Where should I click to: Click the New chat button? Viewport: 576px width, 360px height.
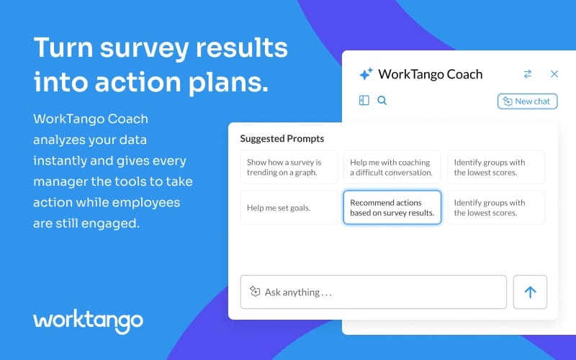(527, 102)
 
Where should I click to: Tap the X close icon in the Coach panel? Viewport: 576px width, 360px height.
(554, 74)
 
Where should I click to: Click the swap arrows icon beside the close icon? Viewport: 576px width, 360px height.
(528, 74)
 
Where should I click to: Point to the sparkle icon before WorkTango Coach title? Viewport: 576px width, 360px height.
(366, 74)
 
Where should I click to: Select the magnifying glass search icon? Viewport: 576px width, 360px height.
(382, 101)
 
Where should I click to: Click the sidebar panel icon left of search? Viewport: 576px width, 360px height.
(364, 101)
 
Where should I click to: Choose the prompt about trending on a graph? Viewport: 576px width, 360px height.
(289, 167)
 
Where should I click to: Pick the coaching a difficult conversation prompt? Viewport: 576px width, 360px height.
(392, 167)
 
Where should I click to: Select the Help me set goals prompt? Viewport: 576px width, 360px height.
(289, 207)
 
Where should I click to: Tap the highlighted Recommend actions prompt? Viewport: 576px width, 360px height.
(392, 207)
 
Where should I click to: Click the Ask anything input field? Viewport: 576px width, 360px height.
(373, 292)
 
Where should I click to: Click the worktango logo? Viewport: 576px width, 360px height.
(88, 320)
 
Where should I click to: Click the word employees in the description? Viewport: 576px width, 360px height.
(152, 202)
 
